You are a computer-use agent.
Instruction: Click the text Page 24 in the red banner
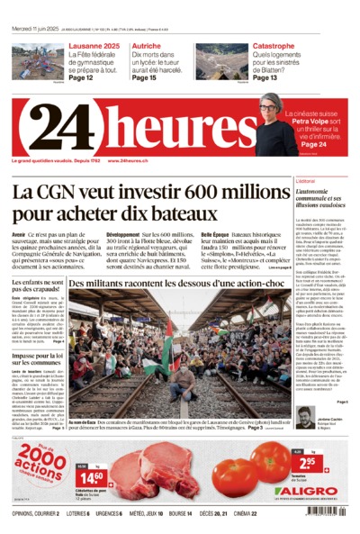pos(313,144)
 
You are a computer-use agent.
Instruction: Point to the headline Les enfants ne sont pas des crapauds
pos(37,287)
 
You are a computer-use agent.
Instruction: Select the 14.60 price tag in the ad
pos(91,475)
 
